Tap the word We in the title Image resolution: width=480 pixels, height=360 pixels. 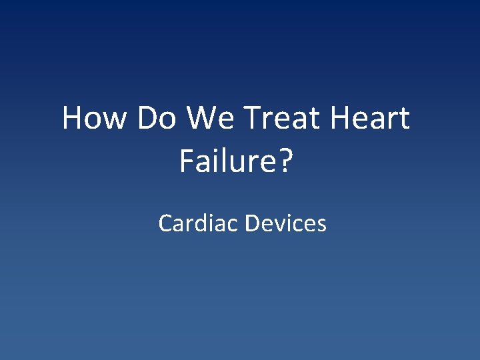[x=209, y=119]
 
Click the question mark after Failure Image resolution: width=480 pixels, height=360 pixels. [x=286, y=161]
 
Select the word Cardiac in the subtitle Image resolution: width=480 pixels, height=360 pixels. [x=198, y=223]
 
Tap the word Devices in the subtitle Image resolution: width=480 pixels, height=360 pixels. [x=285, y=223]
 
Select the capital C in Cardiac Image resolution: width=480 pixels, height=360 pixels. [x=165, y=223]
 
